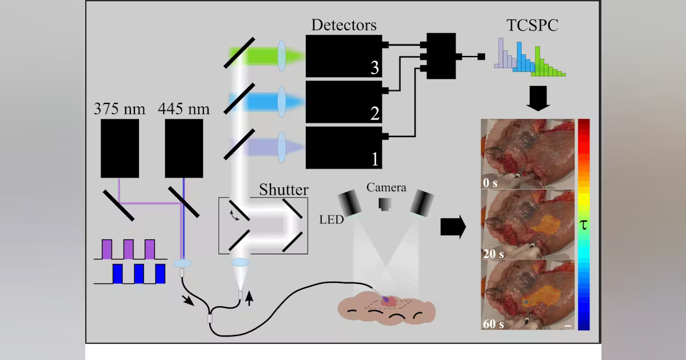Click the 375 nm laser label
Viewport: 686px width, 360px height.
click(x=120, y=109)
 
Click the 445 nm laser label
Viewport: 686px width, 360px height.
click(x=184, y=109)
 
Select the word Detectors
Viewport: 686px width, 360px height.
click(x=344, y=25)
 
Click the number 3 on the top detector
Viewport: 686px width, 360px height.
click(x=374, y=68)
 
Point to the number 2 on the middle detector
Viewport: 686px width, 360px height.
click(x=374, y=114)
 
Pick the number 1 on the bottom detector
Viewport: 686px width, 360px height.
click(x=374, y=159)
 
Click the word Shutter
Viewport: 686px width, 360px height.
click(x=284, y=190)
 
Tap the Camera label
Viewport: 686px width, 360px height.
click(x=386, y=187)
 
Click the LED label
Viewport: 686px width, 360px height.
click(x=332, y=219)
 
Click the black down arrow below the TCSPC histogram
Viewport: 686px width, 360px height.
click(x=538, y=98)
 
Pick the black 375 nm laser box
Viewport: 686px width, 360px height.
click(x=120, y=149)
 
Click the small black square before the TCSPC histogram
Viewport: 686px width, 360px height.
click(x=481, y=57)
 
